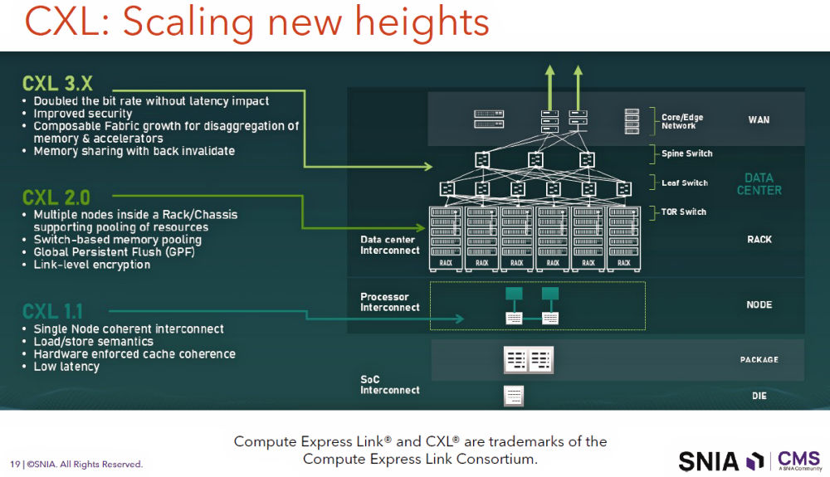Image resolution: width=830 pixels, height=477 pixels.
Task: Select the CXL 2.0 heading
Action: (x=56, y=197)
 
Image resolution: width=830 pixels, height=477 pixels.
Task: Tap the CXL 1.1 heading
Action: (x=51, y=312)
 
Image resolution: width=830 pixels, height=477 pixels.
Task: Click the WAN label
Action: (x=759, y=120)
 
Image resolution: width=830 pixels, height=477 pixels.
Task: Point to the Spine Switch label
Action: (x=686, y=153)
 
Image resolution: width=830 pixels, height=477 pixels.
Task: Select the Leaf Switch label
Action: (x=684, y=183)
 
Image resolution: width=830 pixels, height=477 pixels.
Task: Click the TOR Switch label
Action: (x=683, y=212)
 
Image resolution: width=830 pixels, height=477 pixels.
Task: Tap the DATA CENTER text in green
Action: (x=759, y=184)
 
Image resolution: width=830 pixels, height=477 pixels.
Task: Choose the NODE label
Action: (x=759, y=304)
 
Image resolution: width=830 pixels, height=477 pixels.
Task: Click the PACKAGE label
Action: (x=759, y=360)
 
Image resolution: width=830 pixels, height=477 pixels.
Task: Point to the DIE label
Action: (x=759, y=397)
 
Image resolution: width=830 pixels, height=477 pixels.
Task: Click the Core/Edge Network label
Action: (x=681, y=121)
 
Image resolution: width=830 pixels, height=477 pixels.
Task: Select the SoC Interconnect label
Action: (x=390, y=385)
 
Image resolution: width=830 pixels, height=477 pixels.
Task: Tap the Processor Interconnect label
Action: (x=390, y=302)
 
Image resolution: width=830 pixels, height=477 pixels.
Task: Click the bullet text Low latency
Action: (x=66, y=367)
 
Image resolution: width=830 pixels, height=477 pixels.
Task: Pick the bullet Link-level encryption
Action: (x=92, y=265)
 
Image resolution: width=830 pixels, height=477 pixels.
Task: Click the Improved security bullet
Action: (x=83, y=114)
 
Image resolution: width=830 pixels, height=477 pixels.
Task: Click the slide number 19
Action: (x=15, y=465)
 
